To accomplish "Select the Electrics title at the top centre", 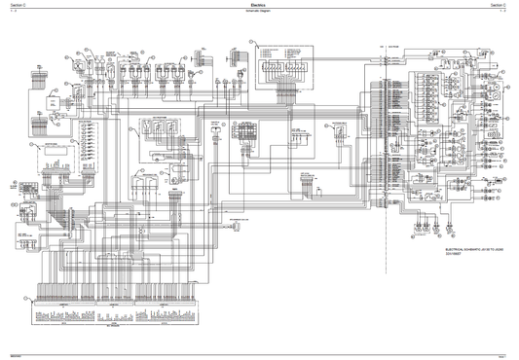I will point(259,5).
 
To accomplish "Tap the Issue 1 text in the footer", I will point(506,356).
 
